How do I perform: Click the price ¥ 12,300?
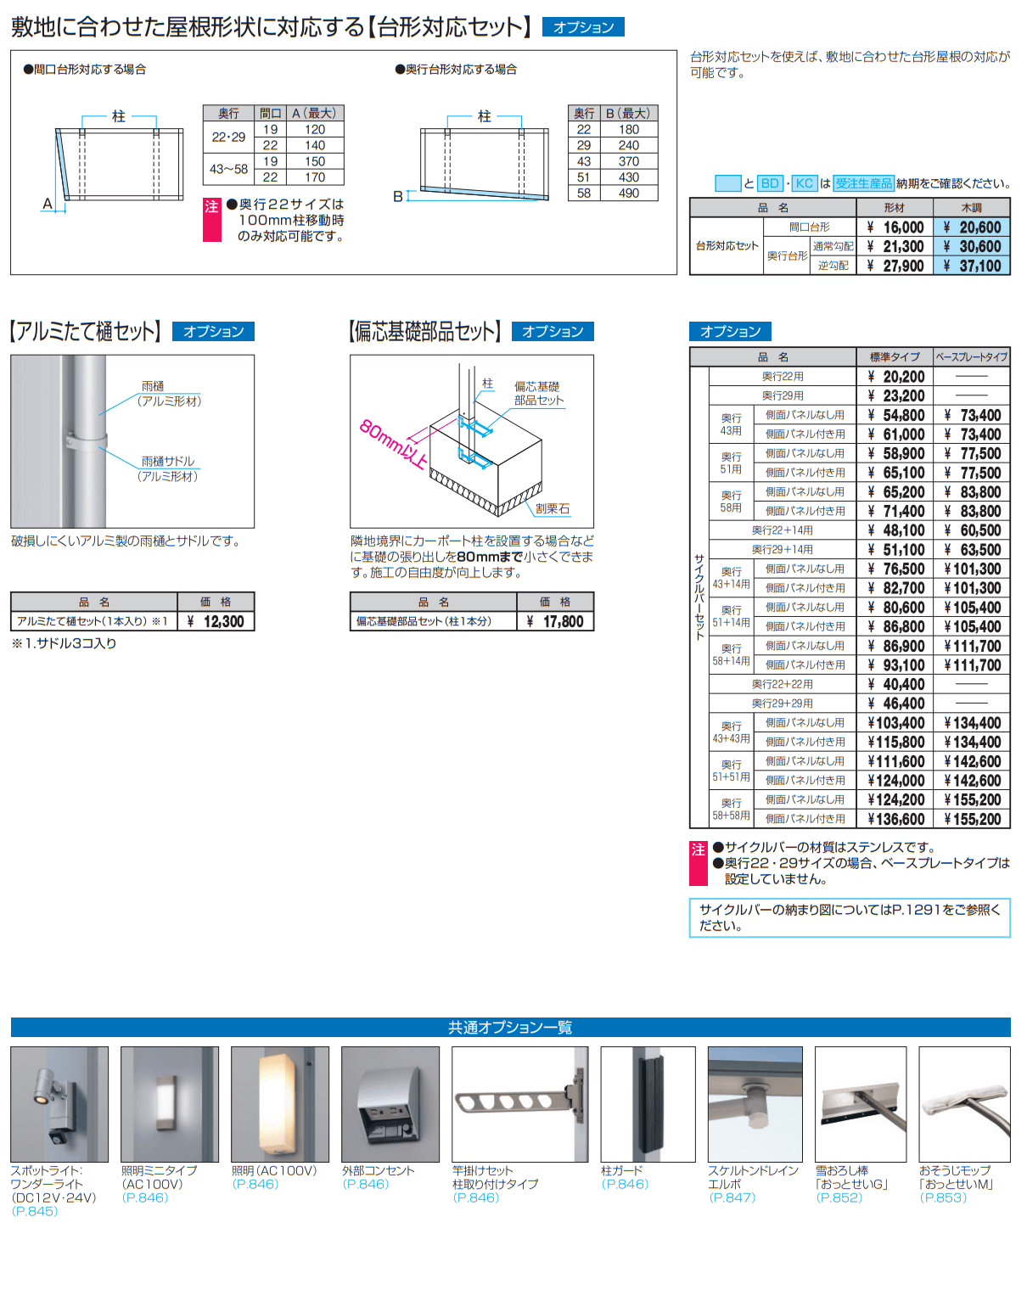[216, 621]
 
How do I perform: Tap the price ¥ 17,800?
[555, 621]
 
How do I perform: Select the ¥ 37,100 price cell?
[972, 266]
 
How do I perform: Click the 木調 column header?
[972, 208]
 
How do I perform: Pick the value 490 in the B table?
[629, 193]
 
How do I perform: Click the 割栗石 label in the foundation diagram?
[553, 508]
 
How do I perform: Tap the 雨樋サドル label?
[168, 462]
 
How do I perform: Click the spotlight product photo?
[59, 1104]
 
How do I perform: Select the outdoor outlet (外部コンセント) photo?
[390, 1104]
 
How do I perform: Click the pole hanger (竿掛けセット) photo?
[519, 1104]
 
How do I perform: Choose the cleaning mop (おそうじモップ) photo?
[964, 1104]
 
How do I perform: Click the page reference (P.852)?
[839, 1197]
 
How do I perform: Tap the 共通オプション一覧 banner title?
[510, 1027]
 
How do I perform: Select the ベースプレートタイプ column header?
[972, 356]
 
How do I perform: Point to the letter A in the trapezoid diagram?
[47, 204]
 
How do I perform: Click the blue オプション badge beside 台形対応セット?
[583, 27]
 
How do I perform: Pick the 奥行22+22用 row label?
[783, 684]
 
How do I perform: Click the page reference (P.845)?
[35, 1211]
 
